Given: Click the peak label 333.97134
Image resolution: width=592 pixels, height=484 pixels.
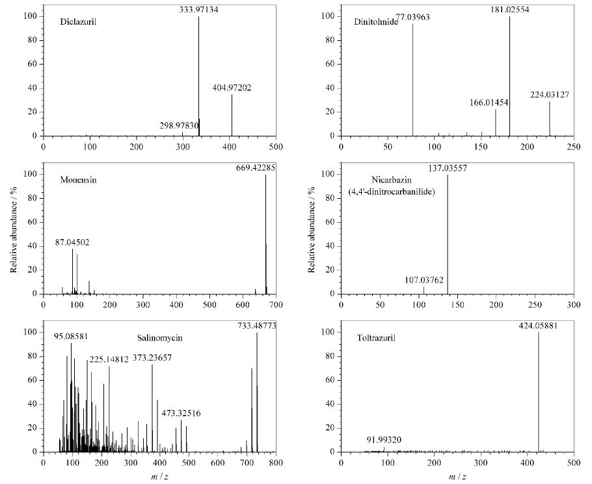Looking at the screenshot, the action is [x=198, y=10].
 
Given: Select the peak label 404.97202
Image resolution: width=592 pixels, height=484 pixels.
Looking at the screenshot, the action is [x=232, y=88].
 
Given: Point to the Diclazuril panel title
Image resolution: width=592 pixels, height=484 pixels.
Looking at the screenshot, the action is [x=78, y=21].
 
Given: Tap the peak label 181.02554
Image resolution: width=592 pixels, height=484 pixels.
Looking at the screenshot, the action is [x=509, y=10].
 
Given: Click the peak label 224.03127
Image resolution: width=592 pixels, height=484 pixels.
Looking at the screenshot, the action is [x=550, y=95].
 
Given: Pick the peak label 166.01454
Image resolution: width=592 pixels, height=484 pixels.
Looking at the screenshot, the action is [x=489, y=103].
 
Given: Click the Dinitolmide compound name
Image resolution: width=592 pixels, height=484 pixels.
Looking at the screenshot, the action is [x=376, y=21].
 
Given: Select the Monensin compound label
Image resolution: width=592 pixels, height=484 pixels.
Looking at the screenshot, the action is [x=78, y=180].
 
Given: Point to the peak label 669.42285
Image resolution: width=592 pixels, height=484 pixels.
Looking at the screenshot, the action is [x=256, y=168].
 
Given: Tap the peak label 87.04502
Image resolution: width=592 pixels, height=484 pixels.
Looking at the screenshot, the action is [x=72, y=242].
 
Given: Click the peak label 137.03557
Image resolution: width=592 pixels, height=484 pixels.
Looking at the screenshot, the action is [x=448, y=168].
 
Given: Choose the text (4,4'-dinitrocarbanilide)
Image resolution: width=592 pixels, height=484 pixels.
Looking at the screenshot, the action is [x=392, y=192].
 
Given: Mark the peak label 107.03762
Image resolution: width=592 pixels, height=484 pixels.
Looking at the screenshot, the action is [x=424, y=280].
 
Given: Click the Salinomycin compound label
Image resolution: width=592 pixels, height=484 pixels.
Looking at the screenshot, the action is [x=159, y=338].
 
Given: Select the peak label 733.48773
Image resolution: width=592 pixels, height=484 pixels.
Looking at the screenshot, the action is [x=257, y=325].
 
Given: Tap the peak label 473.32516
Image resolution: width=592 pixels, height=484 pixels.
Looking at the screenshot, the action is [x=182, y=413].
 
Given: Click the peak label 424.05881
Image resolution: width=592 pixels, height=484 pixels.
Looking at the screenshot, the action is [x=538, y=325].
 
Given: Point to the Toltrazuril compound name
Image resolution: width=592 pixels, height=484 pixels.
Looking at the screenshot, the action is [x=376, y=338].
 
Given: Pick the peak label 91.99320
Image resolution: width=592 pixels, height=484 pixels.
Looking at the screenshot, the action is [x=384, y=440].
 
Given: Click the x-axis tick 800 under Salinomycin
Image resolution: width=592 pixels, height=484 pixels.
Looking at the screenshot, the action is [x=276, y=463].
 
